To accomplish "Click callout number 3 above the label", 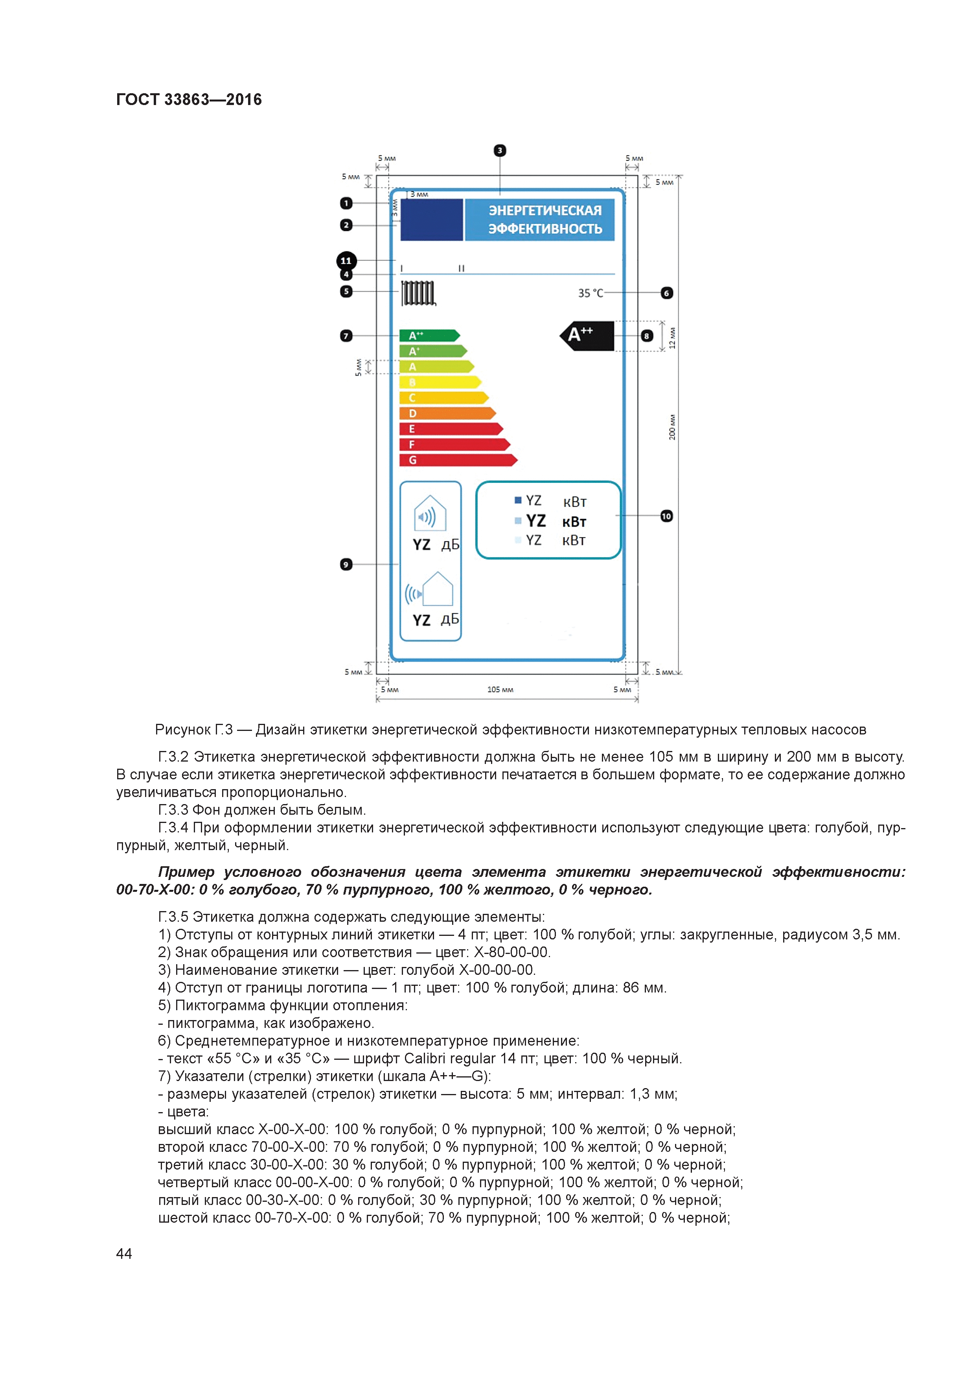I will (x=500, y=150).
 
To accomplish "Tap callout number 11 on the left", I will (x=346, y=261).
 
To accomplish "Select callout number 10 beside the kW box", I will (x=666, y=516).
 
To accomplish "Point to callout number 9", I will (x=346, y=565).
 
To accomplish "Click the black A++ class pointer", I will (x=587, y=336).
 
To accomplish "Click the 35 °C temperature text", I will (x=591, y=293).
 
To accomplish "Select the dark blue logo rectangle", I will (x=431, y=220).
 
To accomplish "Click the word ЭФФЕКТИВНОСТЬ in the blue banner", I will (x=545, y=229).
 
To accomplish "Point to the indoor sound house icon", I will (x=430, y=514).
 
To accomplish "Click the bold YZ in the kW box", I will (x=536, y=521).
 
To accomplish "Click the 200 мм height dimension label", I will (x=672, y=427).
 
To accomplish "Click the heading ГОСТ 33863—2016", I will (x=189, y=100).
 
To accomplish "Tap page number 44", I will (x=124, y=1254).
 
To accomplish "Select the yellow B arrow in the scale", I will (x=440, y=382).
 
